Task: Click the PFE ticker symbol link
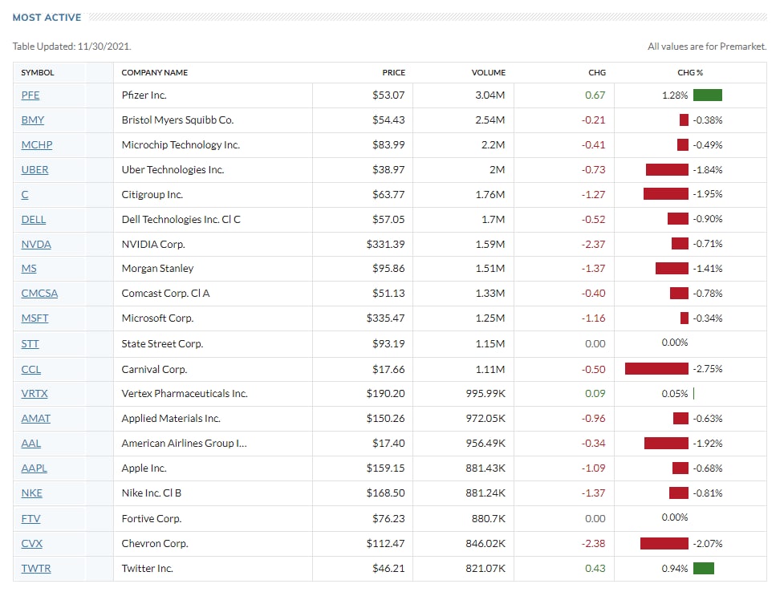(30, 95)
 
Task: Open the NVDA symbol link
(36, 244)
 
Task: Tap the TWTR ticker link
(36, 568)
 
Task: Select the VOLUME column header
(489, 72)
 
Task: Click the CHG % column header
(690, 72)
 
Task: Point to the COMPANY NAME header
(155, 72)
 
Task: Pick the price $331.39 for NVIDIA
(385, 244)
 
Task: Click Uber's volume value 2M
(497, 169)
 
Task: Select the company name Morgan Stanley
(158, 269)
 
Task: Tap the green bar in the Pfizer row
(707, 95)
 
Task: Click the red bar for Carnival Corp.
(656, 368)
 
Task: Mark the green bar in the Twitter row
(704, 568)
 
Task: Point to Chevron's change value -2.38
(594, 543)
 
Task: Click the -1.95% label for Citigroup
(707, 194)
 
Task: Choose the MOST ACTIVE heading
(47, 18)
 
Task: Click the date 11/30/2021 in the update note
(104, 47)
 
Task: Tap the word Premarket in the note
(742, 47)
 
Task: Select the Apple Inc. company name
(144, 468)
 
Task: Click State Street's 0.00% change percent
(675, 343)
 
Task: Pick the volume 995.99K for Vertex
(485, 393)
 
